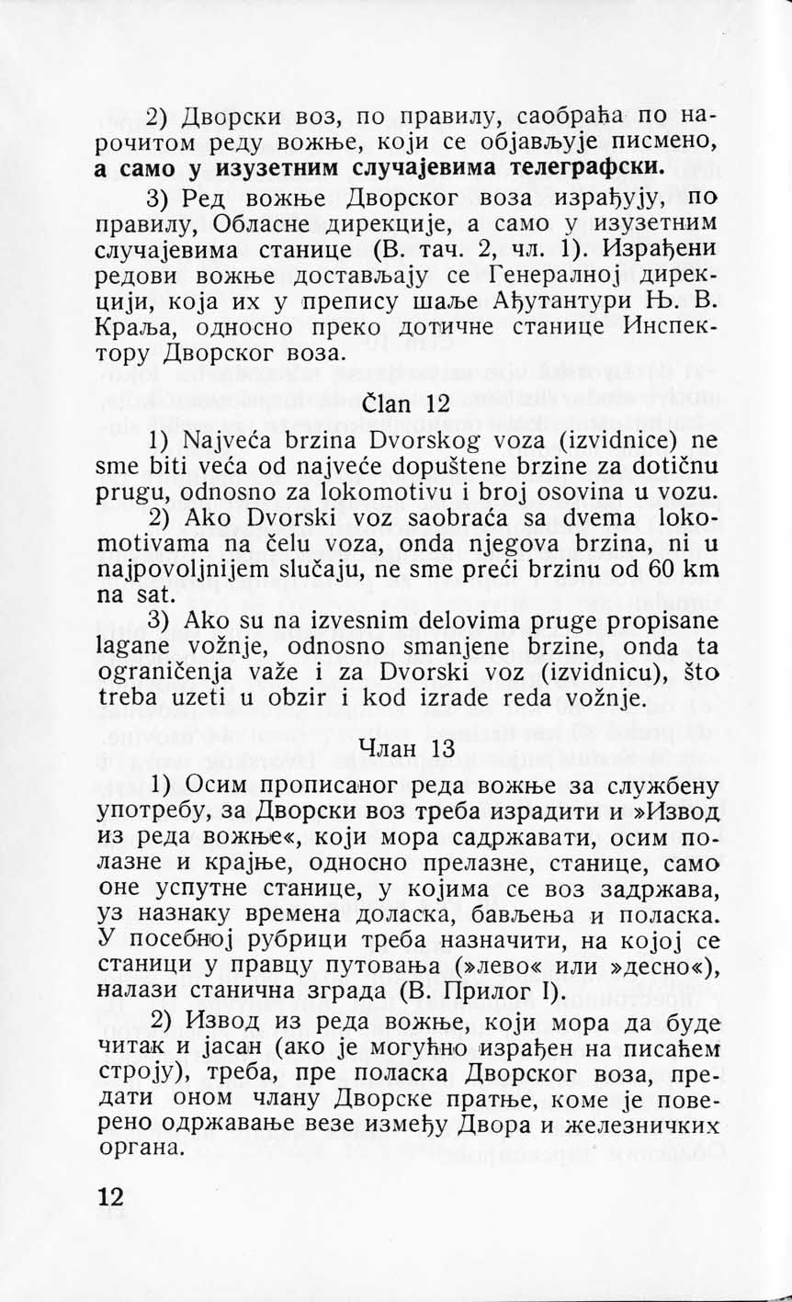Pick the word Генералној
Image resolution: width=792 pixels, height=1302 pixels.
pos(564,276)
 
